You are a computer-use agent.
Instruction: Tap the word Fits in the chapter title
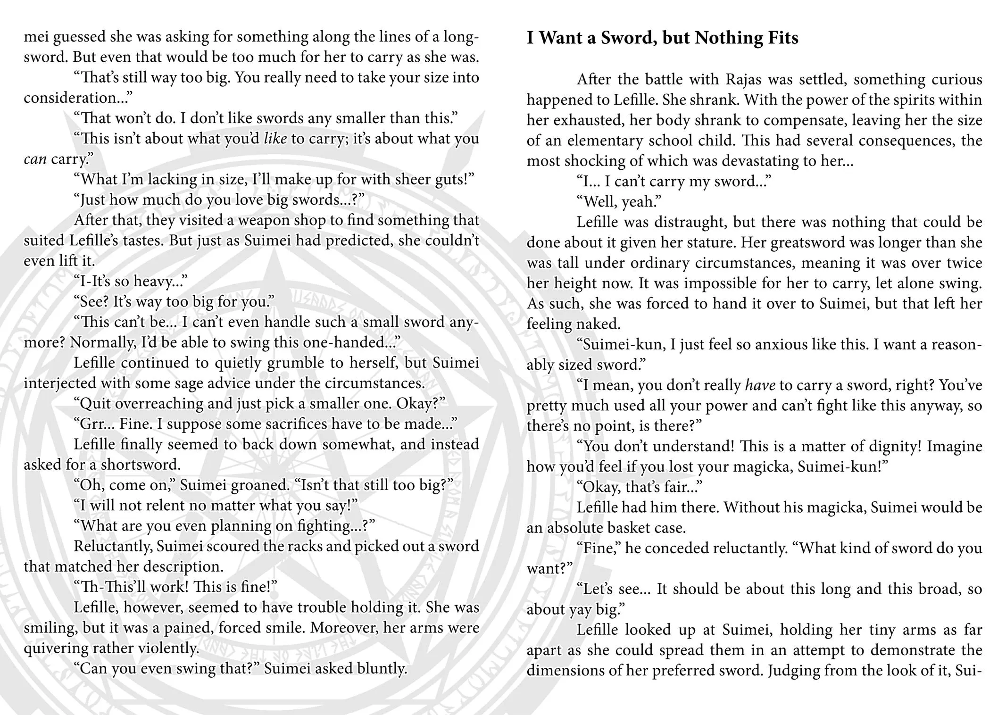[x=782, y=38]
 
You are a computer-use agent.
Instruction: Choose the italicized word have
[x=760, y=385]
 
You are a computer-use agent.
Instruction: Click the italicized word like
[x=275, y=139]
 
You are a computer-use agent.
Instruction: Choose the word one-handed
[x=358, y=342]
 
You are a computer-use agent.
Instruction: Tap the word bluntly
[x=382, y=668]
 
